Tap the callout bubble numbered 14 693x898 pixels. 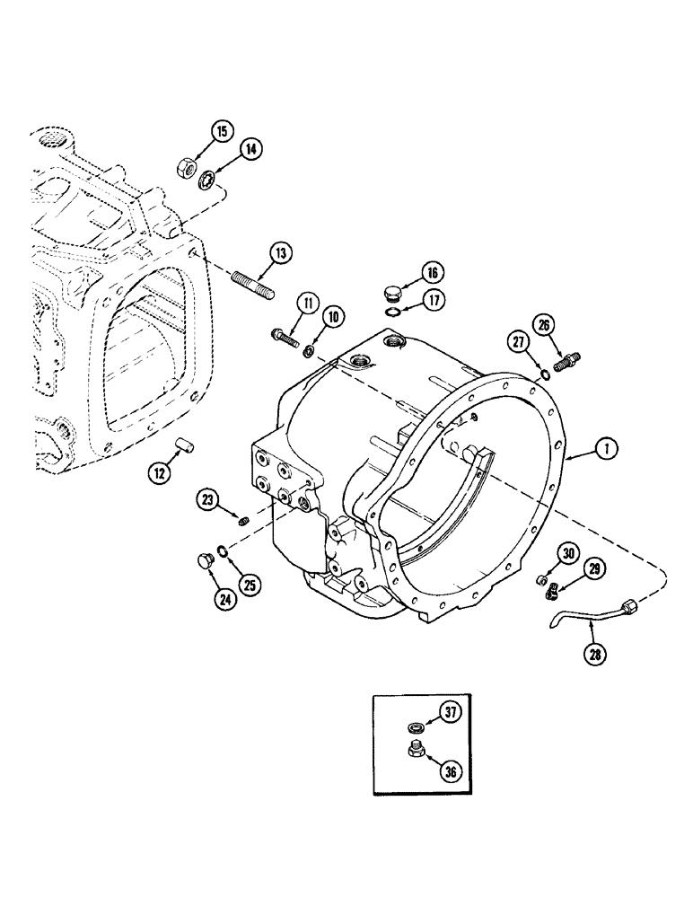pos(250,150)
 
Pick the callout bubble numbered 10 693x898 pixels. pos(333,315)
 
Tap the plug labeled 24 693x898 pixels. pos(203,562)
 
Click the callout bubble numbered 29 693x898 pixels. pos(593,568)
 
